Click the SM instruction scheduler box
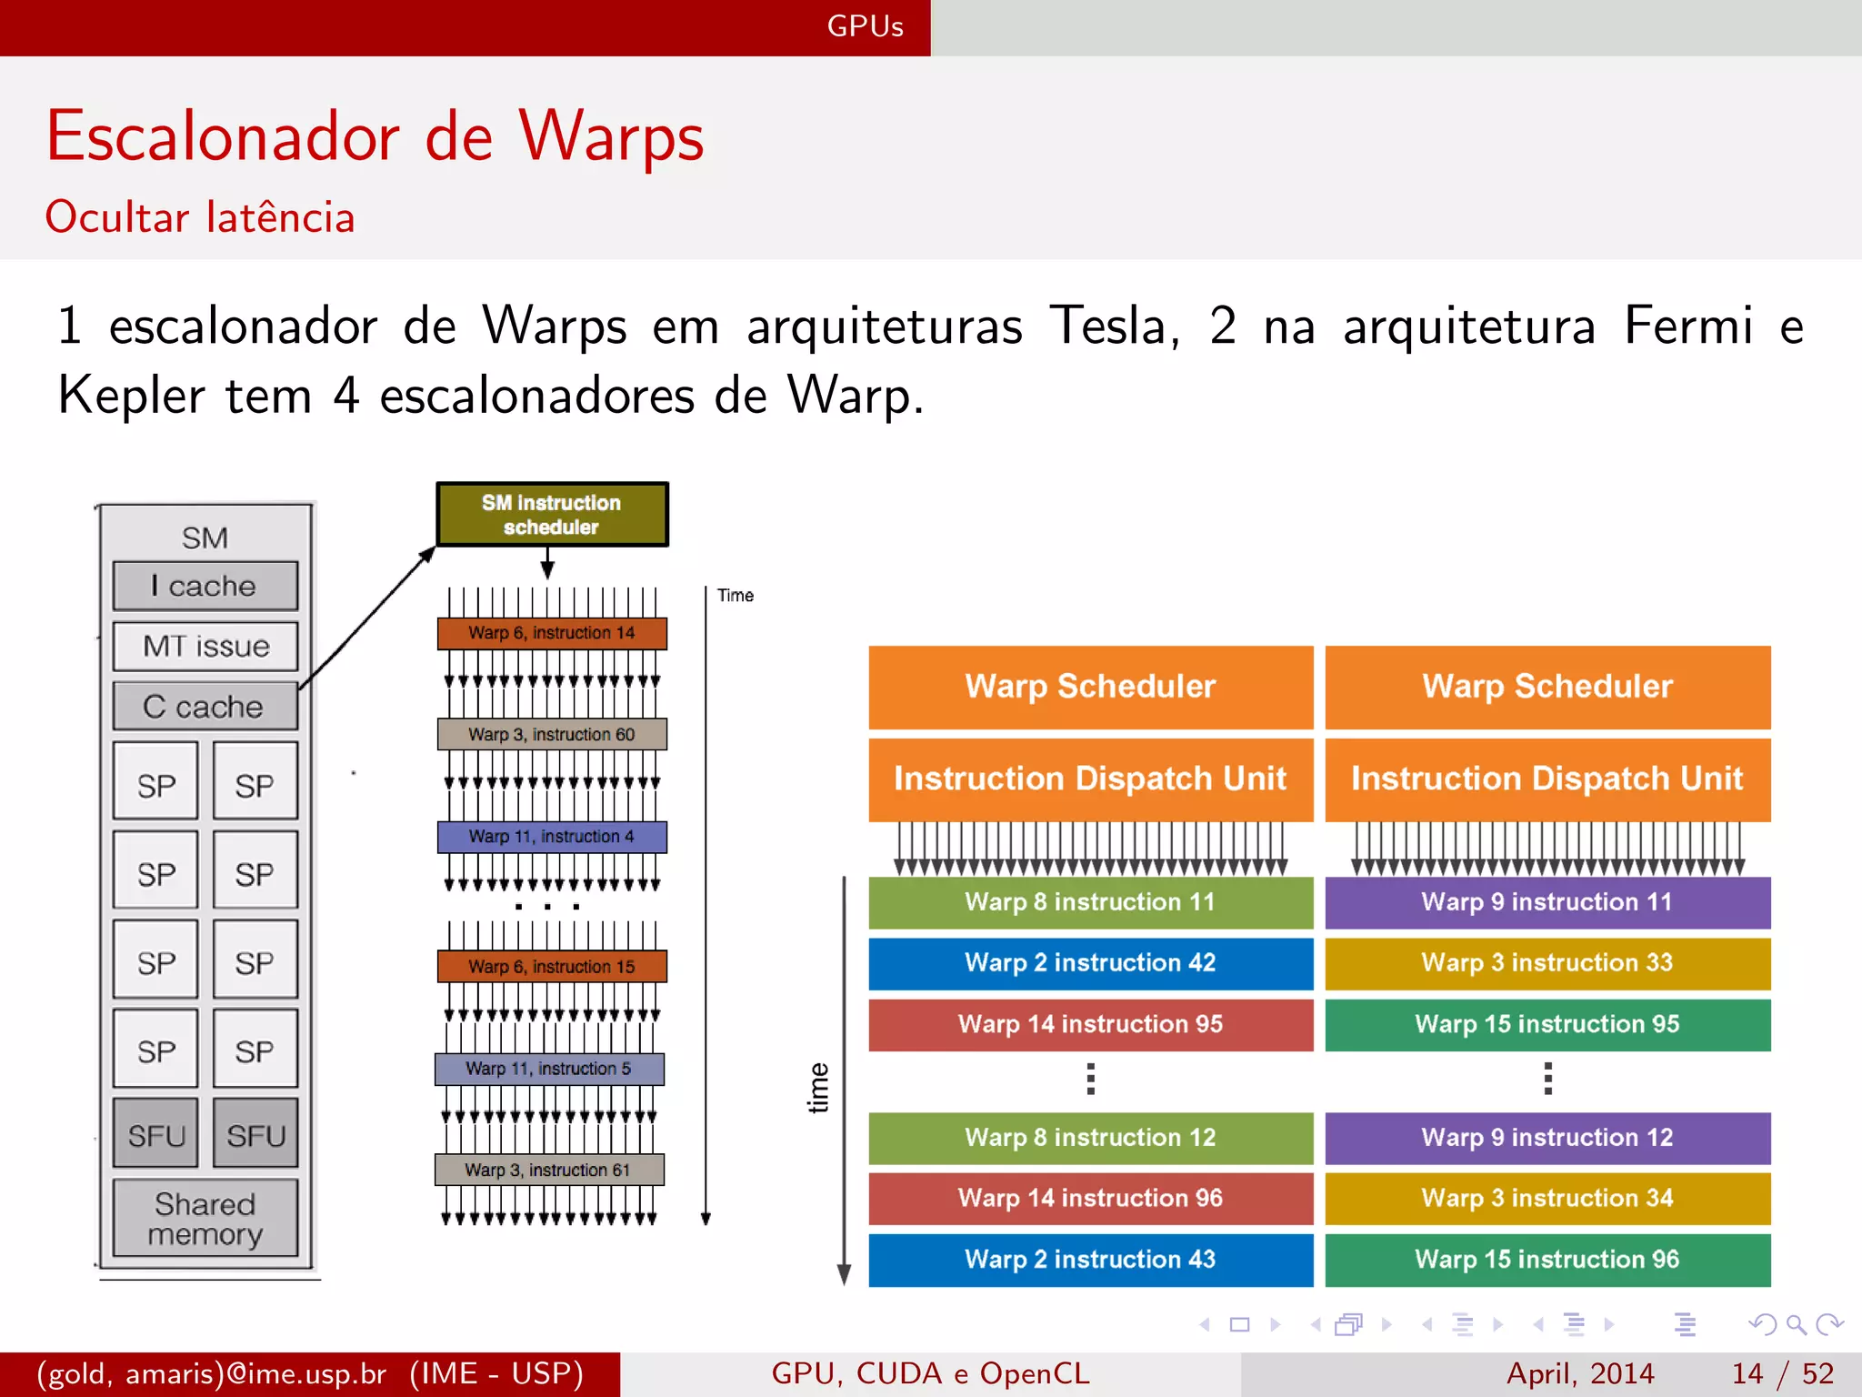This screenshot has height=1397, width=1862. click(552, 515)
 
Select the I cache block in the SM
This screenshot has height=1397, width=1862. click(205, 586)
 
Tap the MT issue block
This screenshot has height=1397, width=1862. click(205, 646)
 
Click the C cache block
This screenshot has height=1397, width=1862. click(205, 707)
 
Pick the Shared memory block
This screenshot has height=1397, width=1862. click(205, 1219)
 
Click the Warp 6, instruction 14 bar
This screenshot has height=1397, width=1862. click(552, 633)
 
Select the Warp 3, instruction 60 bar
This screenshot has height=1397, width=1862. click(552, 734)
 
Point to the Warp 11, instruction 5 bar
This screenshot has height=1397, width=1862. click(549, 1069)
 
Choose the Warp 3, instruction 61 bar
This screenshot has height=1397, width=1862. click(549, 1170)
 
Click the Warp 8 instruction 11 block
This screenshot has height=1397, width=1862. click(1090, 902)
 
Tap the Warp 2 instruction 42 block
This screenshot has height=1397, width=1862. click(1090, 963)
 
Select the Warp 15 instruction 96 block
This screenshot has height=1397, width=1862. click(1547, 1260)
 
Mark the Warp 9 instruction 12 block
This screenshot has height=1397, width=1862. click(1547, 1138)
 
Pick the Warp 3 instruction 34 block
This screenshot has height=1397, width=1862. click(1547, 1199)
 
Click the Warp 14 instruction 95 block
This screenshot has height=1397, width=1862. click(1090, 1024)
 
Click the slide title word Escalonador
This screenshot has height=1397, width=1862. click(223, 136)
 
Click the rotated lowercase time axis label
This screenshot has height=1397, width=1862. click(818, 1088)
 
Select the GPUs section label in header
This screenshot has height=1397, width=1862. click(865, 26)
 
